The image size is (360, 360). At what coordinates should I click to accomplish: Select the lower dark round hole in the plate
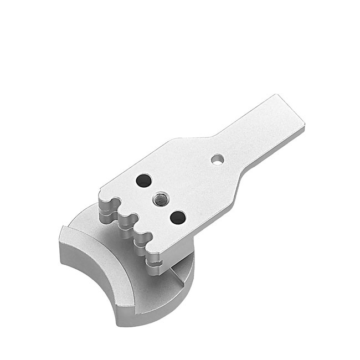point(177,217)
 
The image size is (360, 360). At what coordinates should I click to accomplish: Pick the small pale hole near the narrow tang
point(218,160)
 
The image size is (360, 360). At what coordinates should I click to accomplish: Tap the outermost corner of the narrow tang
point(304,119)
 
